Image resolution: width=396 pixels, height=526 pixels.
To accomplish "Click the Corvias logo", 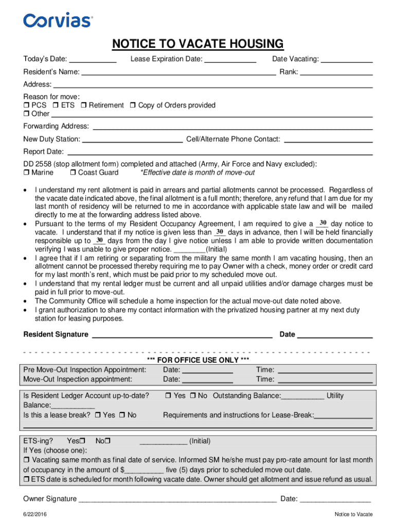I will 58,20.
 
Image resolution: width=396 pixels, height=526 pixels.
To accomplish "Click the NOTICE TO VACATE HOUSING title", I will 198,44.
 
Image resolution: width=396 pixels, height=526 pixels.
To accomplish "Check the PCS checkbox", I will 26,105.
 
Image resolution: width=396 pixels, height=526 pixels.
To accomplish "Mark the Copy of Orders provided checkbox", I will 133,105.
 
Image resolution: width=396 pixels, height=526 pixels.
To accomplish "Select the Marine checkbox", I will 26,173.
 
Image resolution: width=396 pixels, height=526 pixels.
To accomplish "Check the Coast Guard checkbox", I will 73,173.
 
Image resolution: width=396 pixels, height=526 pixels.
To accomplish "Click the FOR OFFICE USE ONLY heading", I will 198,360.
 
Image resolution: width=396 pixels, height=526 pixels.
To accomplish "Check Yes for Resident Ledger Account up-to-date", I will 168,396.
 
